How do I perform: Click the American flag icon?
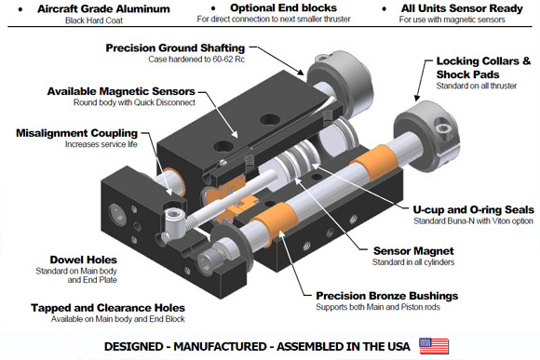click(x=434, y=346)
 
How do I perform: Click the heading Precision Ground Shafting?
click(x=175, y=47)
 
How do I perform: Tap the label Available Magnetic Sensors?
click(x=121, y=91)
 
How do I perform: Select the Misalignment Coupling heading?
click(x=76, y=133)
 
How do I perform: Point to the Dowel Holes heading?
click(x=84, y=260)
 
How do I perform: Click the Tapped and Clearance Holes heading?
click(x=108, y=308)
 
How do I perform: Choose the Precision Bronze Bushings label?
click(x=387, y=296)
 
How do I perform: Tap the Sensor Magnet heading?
click(x=413, y=251)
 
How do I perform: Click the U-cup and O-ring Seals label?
click(x=474, y=209)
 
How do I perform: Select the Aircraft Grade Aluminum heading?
click(x=103, y=9)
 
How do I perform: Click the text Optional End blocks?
click(x=283, y=8)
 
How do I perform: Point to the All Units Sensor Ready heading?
click(x=462, y=8)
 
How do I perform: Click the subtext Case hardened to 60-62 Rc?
click(x=196, y=60)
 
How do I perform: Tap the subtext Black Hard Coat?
click(x=94, y=20)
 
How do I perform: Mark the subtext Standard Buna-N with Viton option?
click(x=473, y=221)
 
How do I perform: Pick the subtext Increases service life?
click(x=101, y=144)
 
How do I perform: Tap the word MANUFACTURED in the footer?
click(x=222, y=347)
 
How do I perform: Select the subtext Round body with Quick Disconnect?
click(x=134, y=102)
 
